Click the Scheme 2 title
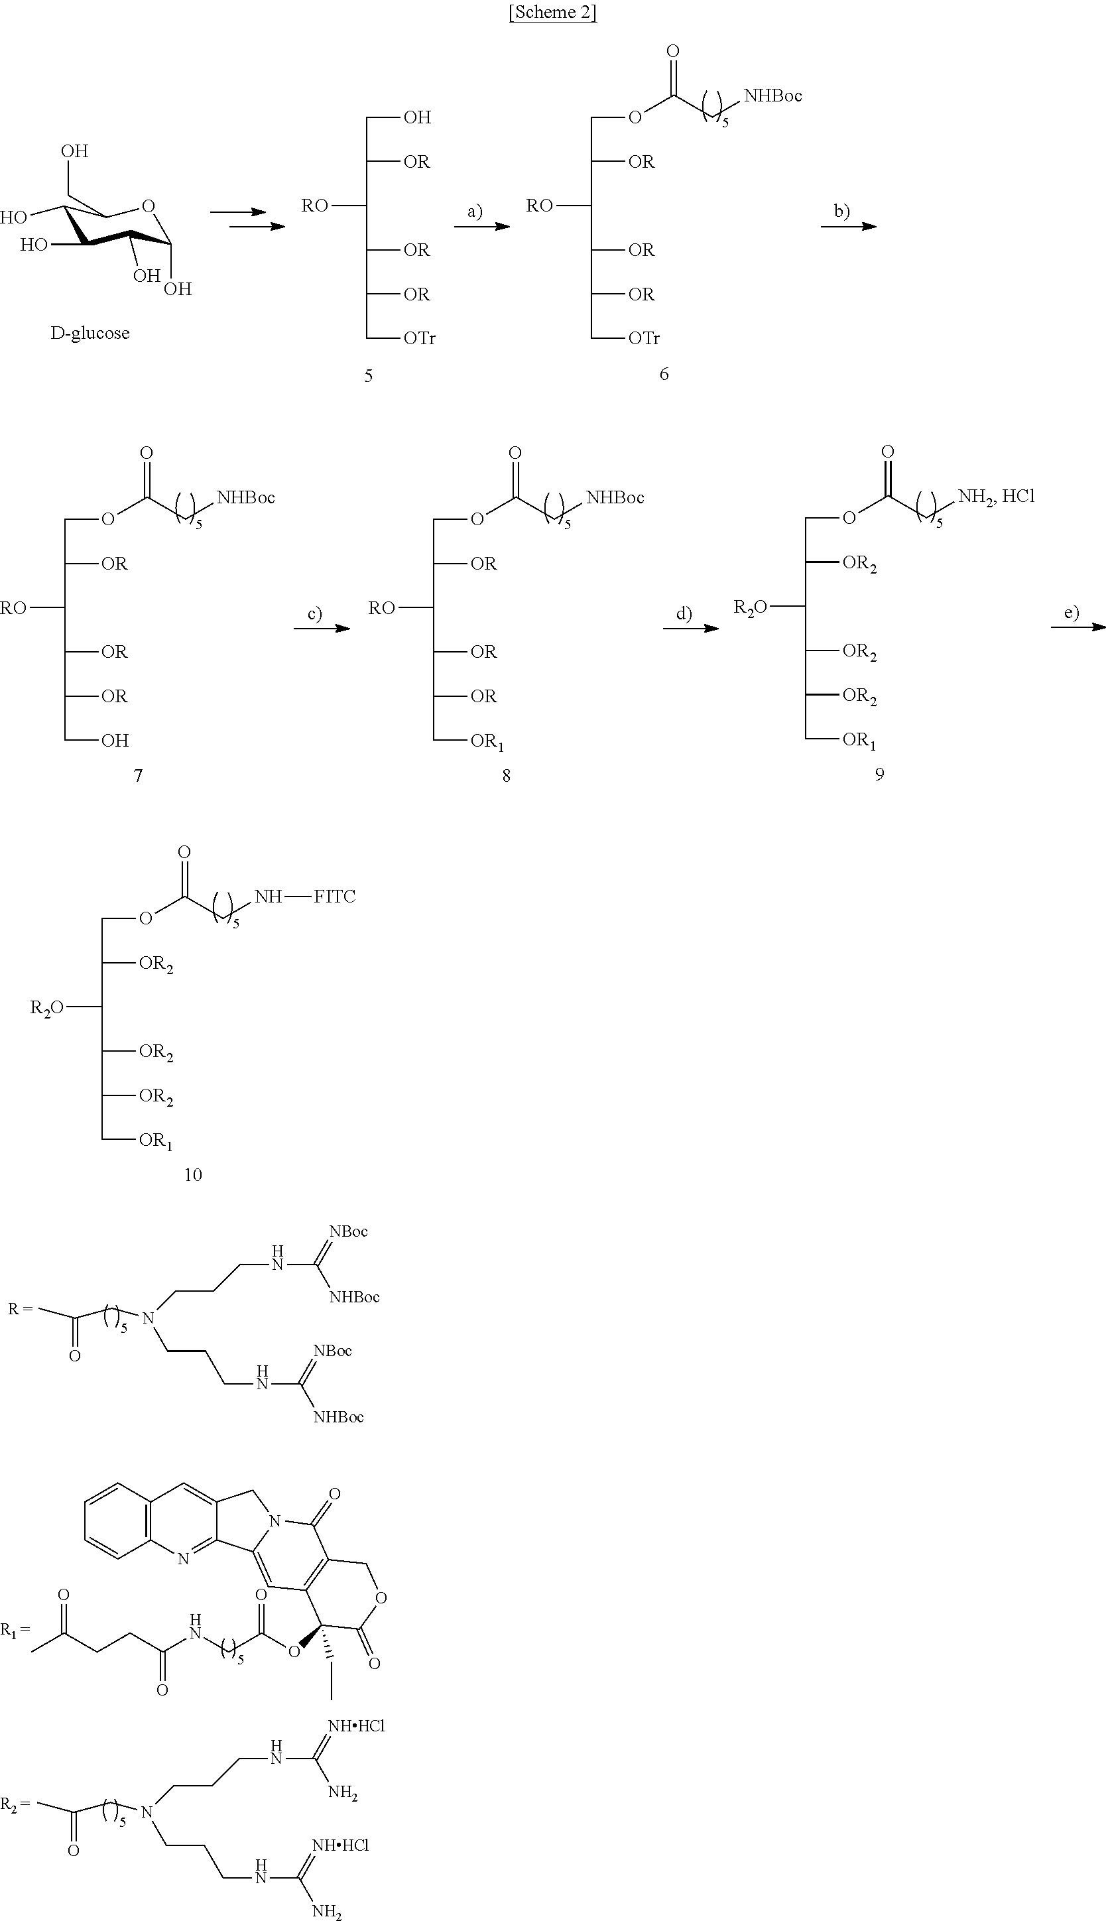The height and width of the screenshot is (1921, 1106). coord(552,14)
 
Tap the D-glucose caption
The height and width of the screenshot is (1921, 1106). coord(90,333)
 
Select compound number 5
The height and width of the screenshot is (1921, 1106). coord(369,376)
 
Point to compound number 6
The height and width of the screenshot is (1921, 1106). coord(664,374)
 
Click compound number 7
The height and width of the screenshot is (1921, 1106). coord(138,776)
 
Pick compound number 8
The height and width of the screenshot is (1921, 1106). coord(506,776)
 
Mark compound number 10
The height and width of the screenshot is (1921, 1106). coord(193,1175)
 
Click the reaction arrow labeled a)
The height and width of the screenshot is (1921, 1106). coord(481,225)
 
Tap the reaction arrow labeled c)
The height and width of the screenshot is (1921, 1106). coord(322,628)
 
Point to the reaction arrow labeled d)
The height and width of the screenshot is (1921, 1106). coord(690,628)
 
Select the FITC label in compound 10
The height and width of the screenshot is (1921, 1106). coord(334,897)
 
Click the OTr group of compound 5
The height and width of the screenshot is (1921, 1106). coord(419,339)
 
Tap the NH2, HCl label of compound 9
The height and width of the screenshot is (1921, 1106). coord(996,497)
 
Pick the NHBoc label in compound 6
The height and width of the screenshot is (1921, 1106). coord(772,95)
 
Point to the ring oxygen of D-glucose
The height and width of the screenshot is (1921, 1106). coord(147,206)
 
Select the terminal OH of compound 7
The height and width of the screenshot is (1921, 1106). coord(115,741)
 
